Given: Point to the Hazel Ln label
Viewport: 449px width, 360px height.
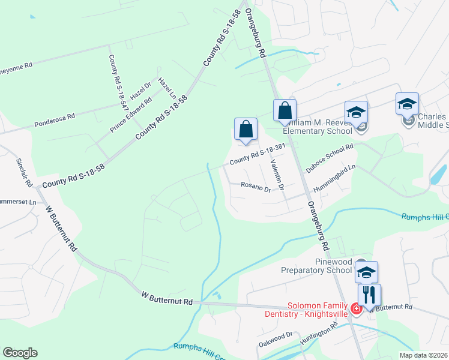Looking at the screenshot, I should [x=167, y=88].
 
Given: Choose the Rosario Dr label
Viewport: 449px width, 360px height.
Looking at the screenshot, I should [x=256, y=187].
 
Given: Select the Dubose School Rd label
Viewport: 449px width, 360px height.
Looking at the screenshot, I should [x=330, y=158].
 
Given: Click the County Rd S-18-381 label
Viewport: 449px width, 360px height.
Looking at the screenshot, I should [x=256, y=154].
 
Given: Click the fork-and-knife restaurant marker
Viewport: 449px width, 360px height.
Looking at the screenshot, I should [x=369, y=295].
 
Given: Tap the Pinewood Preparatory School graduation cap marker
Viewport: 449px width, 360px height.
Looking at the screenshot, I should [x=366, y=272].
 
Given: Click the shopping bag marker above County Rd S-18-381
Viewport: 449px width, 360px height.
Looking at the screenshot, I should [x=246, y=130].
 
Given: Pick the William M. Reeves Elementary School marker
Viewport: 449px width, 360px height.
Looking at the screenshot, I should [x=356, y=113].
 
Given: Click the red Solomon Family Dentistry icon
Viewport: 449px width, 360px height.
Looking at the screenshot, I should [x=357, y=308].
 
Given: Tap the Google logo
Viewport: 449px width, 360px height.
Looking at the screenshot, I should [x=20, y=353].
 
